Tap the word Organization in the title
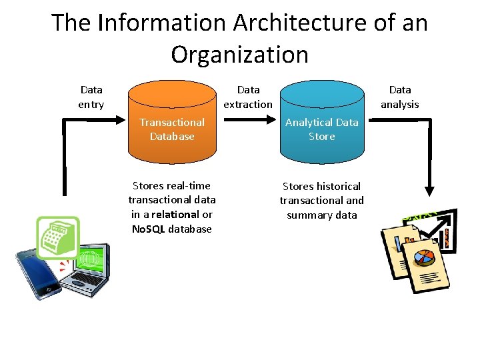pos(239,54)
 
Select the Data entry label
pos(91,97)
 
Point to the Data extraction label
pos(248,97)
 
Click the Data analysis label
pos(400,97)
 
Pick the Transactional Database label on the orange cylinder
pos(172,129)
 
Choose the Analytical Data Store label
pos(322,129)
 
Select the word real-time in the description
pos(188,185)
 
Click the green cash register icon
pos(57,237)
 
